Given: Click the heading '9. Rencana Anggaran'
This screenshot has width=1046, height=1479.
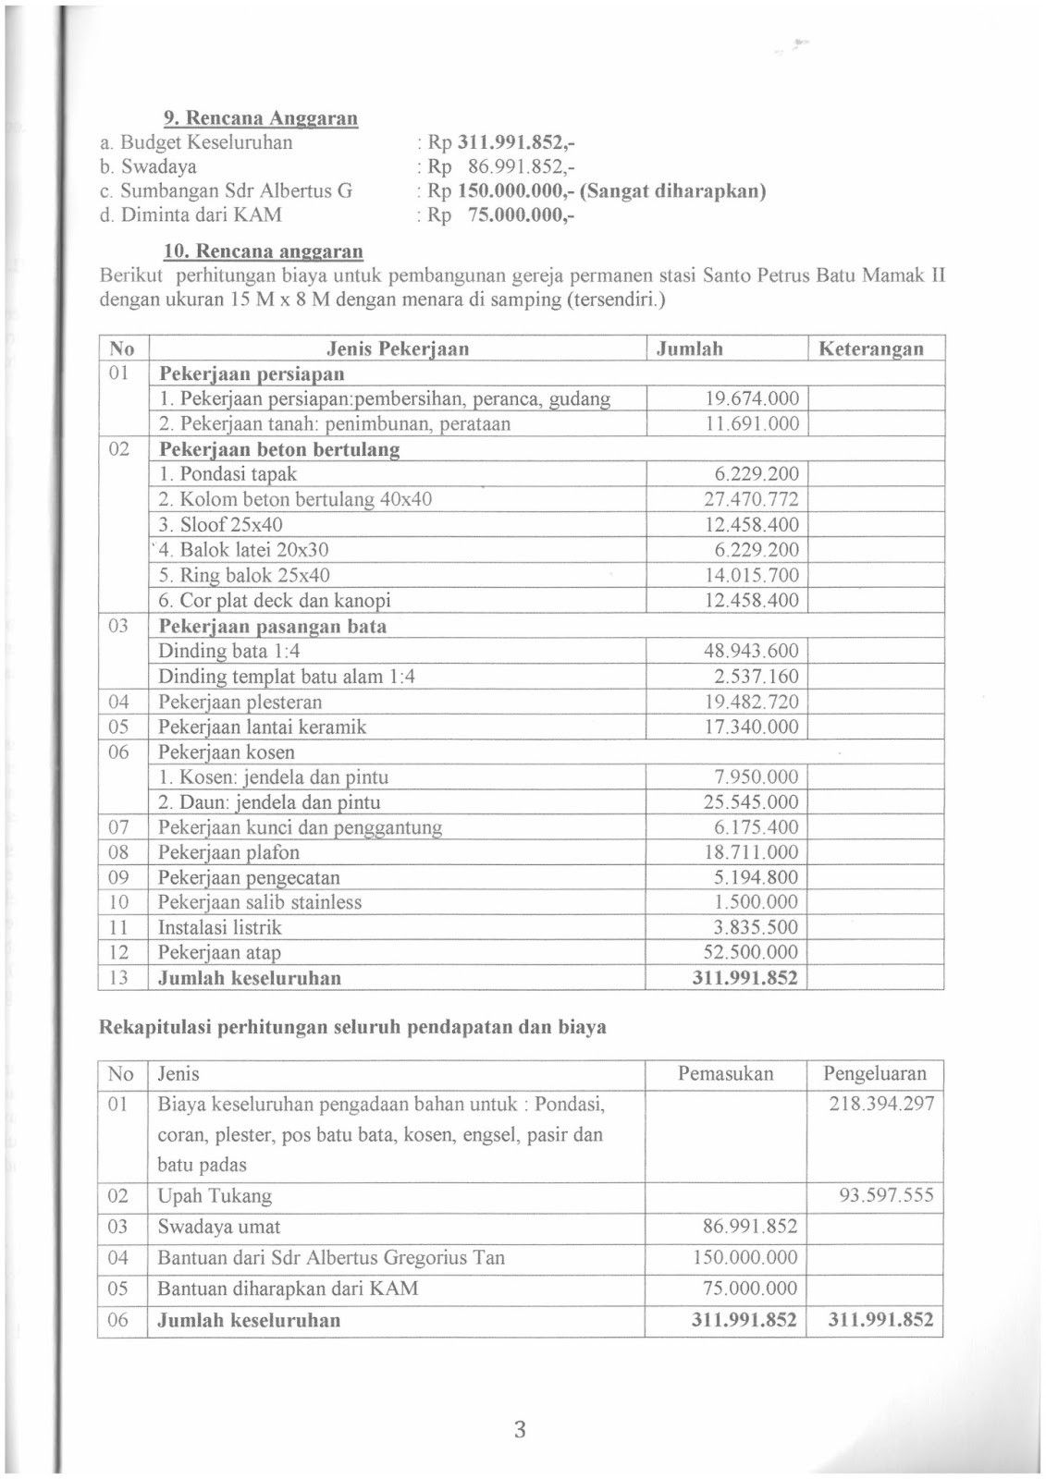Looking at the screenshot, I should click(x=260, y=118).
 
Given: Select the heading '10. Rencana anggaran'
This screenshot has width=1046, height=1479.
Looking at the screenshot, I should click(x=263, y=251).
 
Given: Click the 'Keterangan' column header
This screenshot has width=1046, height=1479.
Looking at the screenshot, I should click(x=870, y=349).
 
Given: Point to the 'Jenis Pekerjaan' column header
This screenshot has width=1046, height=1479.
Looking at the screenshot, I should click(x=398, y=349).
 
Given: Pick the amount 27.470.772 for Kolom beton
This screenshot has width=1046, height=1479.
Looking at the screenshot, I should click(x=751, y=500).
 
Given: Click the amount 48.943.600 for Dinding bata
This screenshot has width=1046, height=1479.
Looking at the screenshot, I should click(x=751, y=651).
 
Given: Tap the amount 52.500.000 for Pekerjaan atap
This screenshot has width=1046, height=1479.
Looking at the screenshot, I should click(x=751, y=953).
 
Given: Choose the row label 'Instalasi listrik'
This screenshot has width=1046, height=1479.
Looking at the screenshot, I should click(x=219, y=928).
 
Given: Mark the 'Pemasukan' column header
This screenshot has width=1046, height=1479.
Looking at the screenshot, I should click(x=725, y=1074).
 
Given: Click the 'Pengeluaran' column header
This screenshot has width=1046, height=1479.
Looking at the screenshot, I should click(x=874, y=1074).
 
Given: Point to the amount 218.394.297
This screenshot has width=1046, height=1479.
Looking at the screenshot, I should click(x=881, y=1104).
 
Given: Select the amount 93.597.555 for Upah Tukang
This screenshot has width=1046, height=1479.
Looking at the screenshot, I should click(x=886, y=1196).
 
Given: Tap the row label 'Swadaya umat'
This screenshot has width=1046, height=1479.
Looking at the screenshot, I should click(x=218, y=1228).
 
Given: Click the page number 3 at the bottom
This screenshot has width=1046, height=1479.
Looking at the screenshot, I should click(x=520, y=1430).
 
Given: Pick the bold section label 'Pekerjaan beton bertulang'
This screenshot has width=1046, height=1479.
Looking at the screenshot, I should click(x=279, y=450).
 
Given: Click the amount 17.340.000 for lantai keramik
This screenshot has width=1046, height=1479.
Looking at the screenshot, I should click(x=751, y=727).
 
